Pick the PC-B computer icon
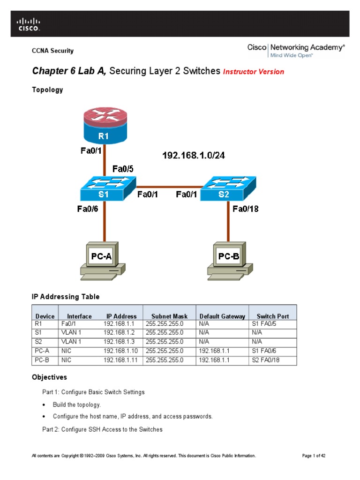coord(229,259)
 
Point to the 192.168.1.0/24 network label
coord(194,155)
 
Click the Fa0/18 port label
coord(246,209)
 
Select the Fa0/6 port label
coord(88,209)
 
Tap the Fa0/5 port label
coord(124,168)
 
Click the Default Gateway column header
coord(222,316)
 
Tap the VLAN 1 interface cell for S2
coord(71,342)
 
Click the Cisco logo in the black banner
coord(29,24)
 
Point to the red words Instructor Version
coord(254,72)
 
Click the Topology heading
coord(47,90)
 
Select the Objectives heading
coord(49,377)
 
